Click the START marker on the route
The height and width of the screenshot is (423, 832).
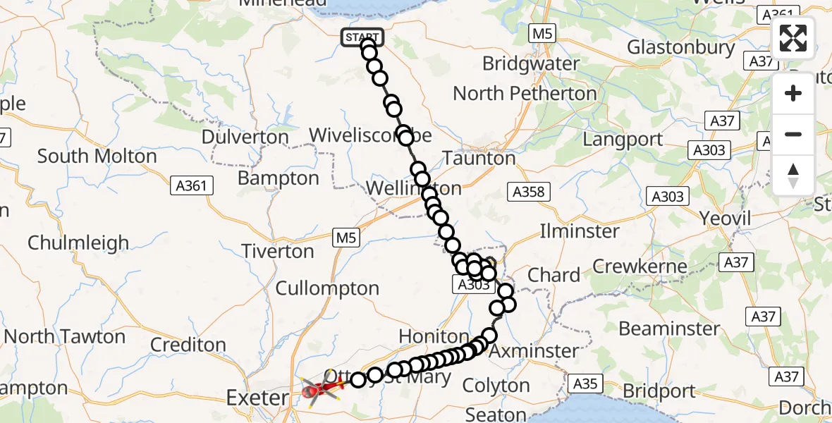pyautogui.click(x=362, y=37)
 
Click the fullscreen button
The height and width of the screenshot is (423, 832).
pyautogui.click(x=793, y=38)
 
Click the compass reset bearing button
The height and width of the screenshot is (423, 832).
pyautogui.click(x=793, y=176)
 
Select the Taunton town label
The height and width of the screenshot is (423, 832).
pyautogui.click(x=479, y=159)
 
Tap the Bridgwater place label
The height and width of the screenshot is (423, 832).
pyautogui.click(x=531, y=63)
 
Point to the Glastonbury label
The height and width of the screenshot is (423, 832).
pyautogui.click(x=680, y=47)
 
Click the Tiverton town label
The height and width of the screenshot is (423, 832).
pyautogui.click(x=278, y=251)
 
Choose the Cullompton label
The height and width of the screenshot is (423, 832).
pyautogui.click(x=327, y=288)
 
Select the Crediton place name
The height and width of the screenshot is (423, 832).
pyautogui.click(x=188, y=345)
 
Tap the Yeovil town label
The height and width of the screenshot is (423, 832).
pyautogui.click(x=725, y=219)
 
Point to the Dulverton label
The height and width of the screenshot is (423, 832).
pyautogui.click(x=245, y=137)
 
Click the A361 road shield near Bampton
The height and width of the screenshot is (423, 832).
pyautogui.click(x=192, y=185)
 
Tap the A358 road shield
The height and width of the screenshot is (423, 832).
pyautogui.click(x=527, y=191)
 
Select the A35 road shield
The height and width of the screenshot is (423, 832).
pyautogui.click(x=585, y=384)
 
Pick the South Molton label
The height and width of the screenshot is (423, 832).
pyautogui.click(x=97, y=157)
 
